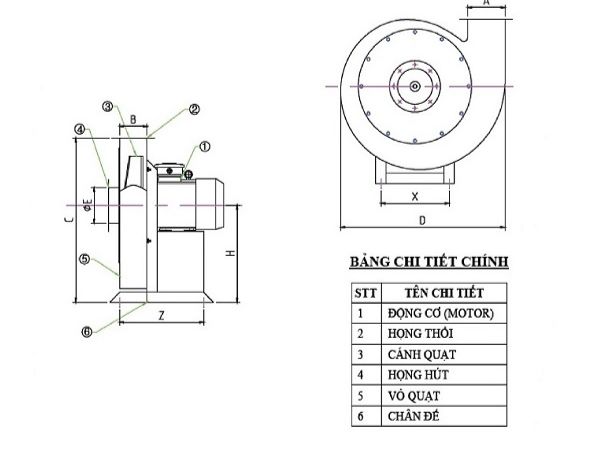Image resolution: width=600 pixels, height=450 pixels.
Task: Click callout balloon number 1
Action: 205,145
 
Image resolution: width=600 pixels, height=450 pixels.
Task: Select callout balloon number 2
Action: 195,110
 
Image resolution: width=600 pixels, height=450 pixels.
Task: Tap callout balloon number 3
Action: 107,106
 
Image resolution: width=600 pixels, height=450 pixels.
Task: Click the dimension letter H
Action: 231,254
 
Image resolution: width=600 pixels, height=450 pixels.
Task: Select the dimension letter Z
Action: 161,314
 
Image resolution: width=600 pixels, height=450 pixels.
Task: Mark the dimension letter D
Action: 423,219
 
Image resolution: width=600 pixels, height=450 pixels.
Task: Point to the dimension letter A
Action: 485,5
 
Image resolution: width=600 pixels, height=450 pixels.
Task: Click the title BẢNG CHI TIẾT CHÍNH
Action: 428,263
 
